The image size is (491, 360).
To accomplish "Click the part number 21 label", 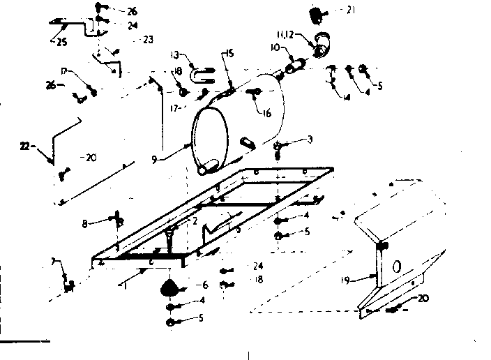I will (x=350, y=10).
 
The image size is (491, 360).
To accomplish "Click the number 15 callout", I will (x=229, y=54).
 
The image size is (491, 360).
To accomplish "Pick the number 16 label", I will (x=266, y=113).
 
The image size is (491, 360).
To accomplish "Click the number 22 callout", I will (x=25, y=146).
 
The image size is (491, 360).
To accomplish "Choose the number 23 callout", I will (x=148, y=39).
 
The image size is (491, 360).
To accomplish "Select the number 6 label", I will (x=204, y=285).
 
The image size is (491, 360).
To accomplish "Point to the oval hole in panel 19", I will (x=397, y=266).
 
